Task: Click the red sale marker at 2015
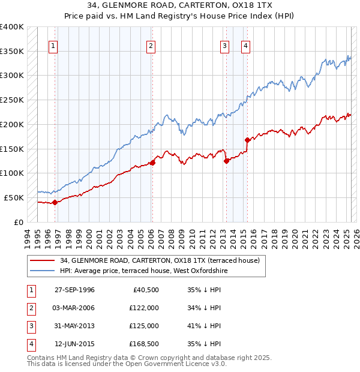point(247,140)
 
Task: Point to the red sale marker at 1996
point(55,202)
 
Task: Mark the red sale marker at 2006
point(152,162)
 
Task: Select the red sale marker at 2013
point(226,161)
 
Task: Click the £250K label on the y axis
point(12,100)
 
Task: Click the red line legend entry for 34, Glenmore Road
point(159,260)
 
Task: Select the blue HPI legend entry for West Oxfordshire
point(143,271)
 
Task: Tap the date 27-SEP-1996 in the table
point(74,290)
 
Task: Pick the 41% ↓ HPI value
point(203,326)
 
